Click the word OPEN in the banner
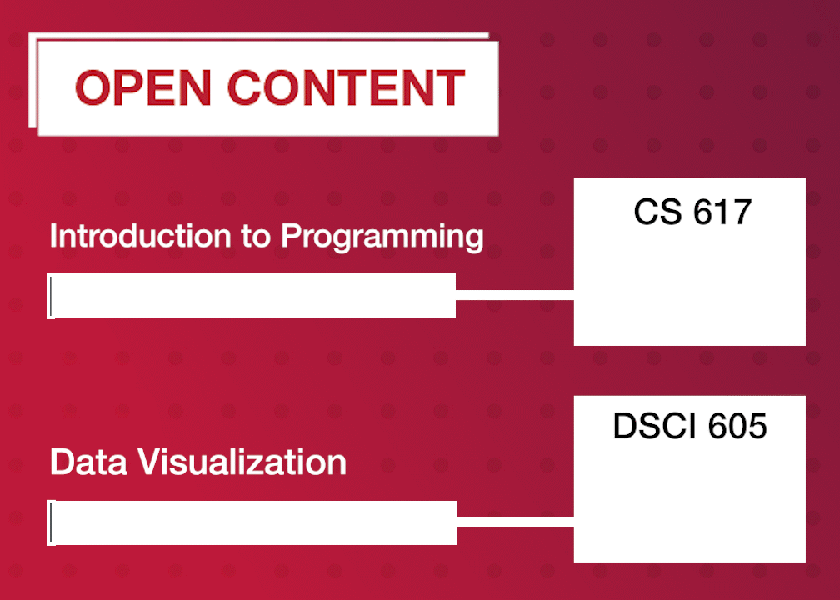click(x=142, y=87)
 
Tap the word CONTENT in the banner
click(x=346, y=87)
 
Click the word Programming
click(x=382, y=237)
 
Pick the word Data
click(x=81, y=462)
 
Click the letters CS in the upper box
click(x=652, y=212)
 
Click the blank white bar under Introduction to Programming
click(x=252, y=296)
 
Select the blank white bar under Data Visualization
click(x=253, y=522)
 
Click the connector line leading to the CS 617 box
click(x=515, y=294)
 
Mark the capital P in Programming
click(x=289, y=236)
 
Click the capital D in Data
click(x=60, y=462)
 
